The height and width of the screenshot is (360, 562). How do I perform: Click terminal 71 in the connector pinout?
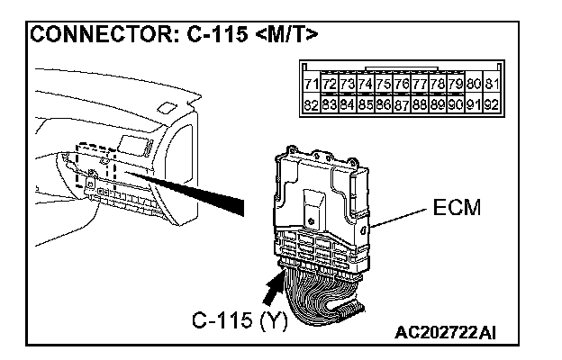coord(311,85)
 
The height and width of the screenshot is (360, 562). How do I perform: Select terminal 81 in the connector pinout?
coord(491,85)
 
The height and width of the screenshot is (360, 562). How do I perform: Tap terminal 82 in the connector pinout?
coord(311,104)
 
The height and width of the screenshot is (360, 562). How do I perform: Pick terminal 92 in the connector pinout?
coord(491,104)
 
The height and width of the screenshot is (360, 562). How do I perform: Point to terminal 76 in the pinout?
coord(402,85)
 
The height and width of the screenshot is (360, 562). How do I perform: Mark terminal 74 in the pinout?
coord(365,85)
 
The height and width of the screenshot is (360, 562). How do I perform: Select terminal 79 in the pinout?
coord(456,85)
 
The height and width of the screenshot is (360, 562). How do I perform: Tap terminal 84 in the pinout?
coord(347,104)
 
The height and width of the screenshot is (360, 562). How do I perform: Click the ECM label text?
coord(457,208)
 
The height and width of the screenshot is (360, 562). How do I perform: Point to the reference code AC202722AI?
coord(445,334)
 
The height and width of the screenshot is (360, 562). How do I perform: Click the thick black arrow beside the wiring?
coord(271,290)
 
